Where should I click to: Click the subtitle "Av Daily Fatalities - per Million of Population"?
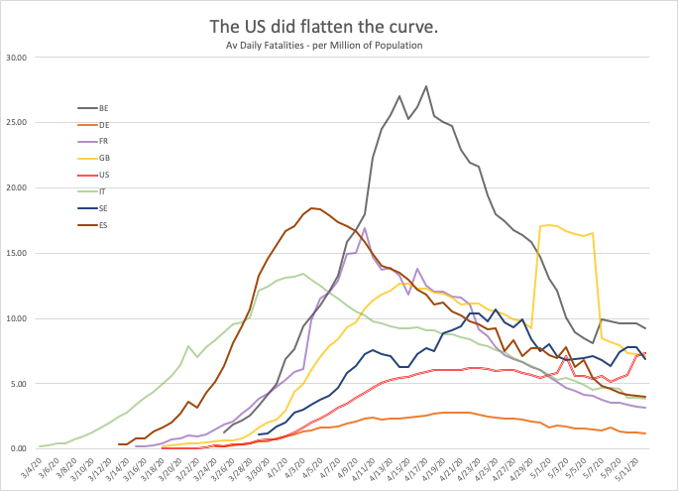[x=339, y=45]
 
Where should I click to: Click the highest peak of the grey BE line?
[x=426, y=86]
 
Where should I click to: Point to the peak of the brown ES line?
[x=312, y=208]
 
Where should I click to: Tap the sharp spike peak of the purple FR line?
[x=365, y=228]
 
